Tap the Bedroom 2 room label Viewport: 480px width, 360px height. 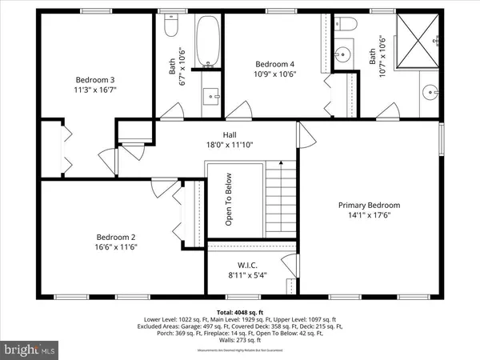(x=117, y=237)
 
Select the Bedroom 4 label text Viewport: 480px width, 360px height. (x=275, y=64)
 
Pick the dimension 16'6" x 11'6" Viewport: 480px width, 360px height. (x=117, y=247)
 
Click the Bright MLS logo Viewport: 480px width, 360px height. (x=30, y=349)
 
